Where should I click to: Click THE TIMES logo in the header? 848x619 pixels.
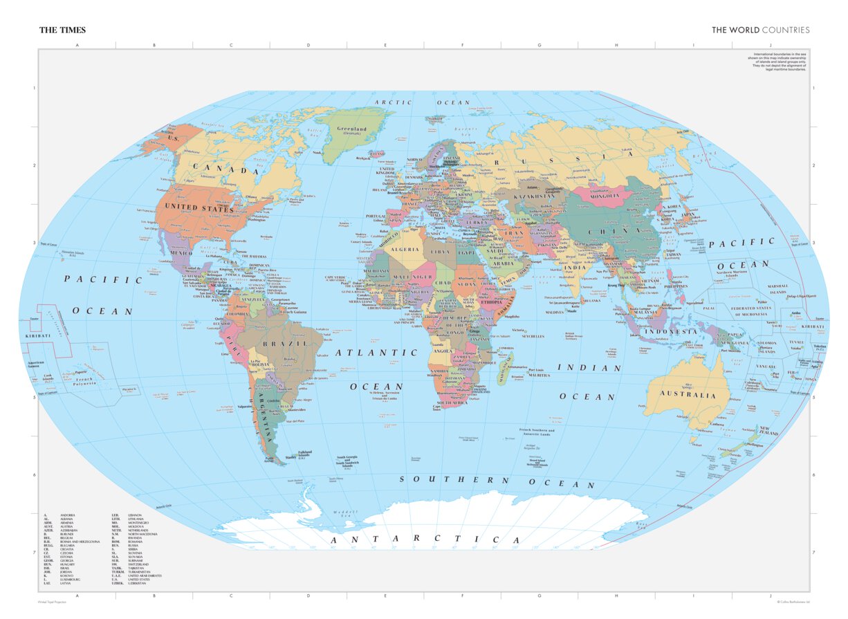coord(62,30)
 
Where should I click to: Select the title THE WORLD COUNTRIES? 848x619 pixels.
coord(760,30)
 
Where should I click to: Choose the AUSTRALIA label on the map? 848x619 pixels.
coord(688,395)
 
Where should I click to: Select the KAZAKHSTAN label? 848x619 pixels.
coord(535,196)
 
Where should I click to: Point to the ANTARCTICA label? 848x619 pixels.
coord(425,539)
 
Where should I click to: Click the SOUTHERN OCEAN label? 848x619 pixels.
coord(497,481)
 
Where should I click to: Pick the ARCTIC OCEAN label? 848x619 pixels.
coord(422,102)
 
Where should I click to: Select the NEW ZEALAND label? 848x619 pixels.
coord(769,431)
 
